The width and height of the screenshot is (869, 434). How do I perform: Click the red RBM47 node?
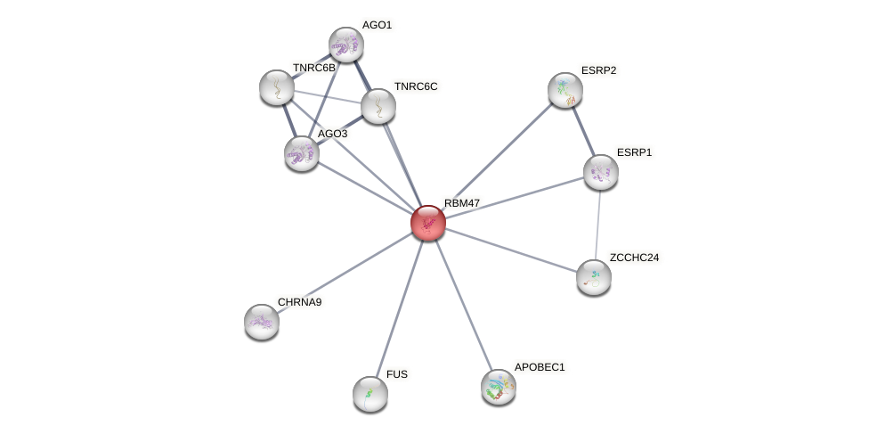coord(428,223)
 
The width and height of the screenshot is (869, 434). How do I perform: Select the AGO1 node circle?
coord(345,45)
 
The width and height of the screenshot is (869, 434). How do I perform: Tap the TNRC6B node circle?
coord(277,87)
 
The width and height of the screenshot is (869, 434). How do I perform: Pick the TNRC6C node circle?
coord(378,106)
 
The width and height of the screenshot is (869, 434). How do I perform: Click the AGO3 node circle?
coord(302,153)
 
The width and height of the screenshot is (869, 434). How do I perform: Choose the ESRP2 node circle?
coord(565,90)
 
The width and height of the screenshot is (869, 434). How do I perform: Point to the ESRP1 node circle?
coord(601,172)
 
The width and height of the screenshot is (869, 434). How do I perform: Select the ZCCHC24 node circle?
coord(594,277)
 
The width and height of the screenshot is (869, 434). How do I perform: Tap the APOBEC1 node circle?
coord(499,387)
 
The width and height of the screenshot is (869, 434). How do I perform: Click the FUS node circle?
coord(370,394)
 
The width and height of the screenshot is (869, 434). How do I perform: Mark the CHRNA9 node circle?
coord(262,322)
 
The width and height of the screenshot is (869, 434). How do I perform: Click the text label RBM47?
coord(462,203)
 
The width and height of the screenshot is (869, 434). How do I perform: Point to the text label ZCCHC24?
coord(634,258)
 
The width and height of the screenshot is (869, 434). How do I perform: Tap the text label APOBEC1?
coord(540,367)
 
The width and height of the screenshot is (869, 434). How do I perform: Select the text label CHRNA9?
coord(299,302)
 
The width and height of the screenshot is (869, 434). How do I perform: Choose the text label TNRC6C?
coord(416,86)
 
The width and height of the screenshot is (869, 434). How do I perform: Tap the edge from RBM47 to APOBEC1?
coord(463,305)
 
